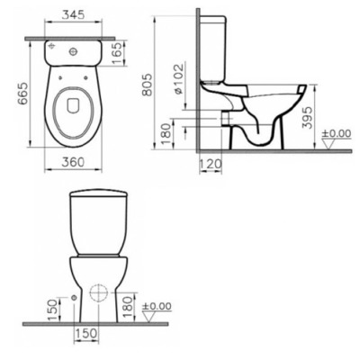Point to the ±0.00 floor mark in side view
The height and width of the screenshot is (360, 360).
pyautogui.click(x=338, y=135)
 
